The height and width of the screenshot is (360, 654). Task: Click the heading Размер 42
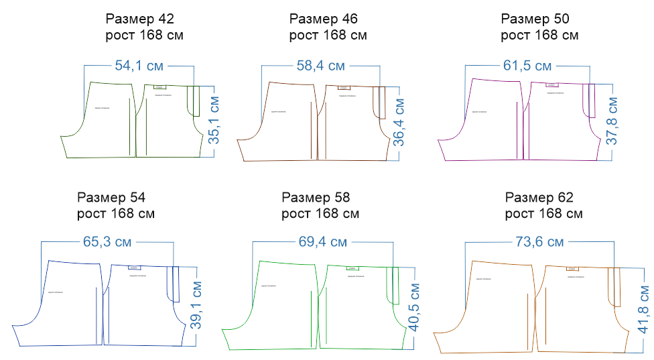pyautogui.click(x=145, y=18)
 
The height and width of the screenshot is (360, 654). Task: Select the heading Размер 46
pyautogui.click(x=328, y=18)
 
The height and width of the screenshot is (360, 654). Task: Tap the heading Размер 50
pyautogui.click(x=539, y=18)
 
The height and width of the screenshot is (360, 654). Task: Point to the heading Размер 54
pyautogui.click(x=111, y=198)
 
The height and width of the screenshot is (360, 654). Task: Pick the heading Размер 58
pyautogui.click(x=316, y=198)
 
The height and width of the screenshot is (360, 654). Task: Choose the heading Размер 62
pyautogui.click(x=539, y=198)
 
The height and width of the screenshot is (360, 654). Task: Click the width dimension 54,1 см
pyautogui.click(x=139, y=66)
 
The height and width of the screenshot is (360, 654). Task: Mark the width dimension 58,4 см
pyautogui.click(x=320, y=66)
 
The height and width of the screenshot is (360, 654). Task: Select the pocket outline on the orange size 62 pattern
pyautogui.click(x=613, y=287)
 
